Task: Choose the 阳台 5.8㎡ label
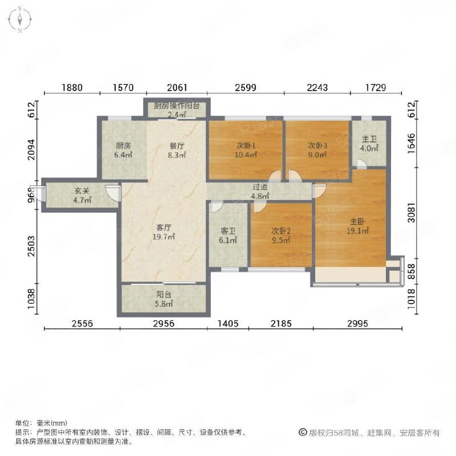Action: [x=164, y=299]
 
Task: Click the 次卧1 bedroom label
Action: [x=246, y=149]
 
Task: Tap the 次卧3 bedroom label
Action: [x=317, y=149]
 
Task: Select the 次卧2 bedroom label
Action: [x=280, y=235]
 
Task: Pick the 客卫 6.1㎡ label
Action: [x=228, y=235]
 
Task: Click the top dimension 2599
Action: [x=246, y=88]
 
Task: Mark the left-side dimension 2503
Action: [x=34, y=249]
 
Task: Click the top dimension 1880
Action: [x=72, y=88]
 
